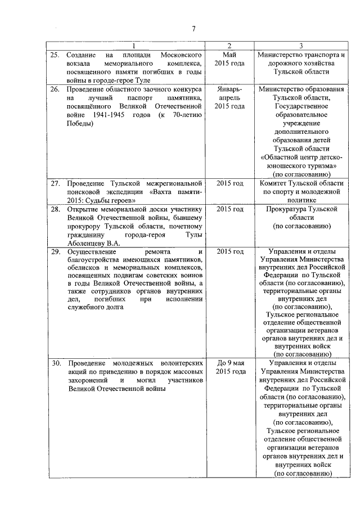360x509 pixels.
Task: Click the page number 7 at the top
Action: (192, 29)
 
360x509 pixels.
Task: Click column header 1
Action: (133, 46)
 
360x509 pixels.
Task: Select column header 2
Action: (229, 46)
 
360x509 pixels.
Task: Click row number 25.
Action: (55, 55)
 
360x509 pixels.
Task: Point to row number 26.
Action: (55, 89)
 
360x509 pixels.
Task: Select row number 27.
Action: (55, 183)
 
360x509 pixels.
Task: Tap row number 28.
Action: (55, 209)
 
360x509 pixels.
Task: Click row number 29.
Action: (55, 251)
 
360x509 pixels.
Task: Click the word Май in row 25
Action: (229, 55)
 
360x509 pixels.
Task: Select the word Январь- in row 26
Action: (229, 89)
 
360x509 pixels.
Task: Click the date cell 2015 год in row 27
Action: (229, 183)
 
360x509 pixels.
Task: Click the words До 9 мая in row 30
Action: (229, 363)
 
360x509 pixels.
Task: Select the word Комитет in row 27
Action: (277, 183)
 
